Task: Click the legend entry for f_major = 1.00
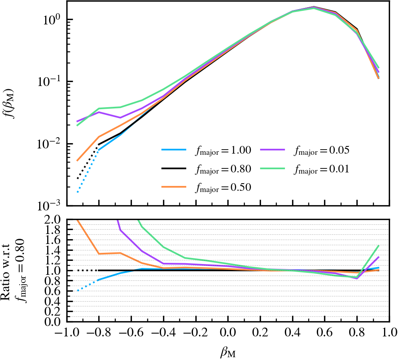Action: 206,150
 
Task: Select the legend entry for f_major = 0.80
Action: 206,169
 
